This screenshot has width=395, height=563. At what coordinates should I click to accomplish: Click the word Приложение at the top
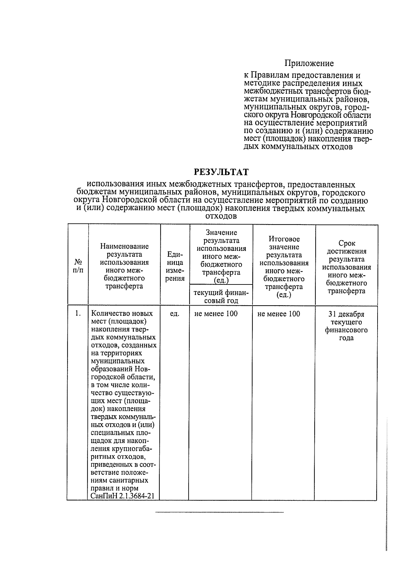[309, 63]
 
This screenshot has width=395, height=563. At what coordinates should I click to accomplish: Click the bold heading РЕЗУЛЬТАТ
[221, 172]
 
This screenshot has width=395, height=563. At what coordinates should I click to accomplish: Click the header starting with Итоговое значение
[284, 267]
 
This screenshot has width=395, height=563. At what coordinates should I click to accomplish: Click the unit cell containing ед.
[174, 314]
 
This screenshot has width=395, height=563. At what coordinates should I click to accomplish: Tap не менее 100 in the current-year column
[216, 314]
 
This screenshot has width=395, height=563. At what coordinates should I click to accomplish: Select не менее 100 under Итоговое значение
[279, 314]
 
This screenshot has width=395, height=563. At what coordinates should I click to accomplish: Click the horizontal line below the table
[219, 513]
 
